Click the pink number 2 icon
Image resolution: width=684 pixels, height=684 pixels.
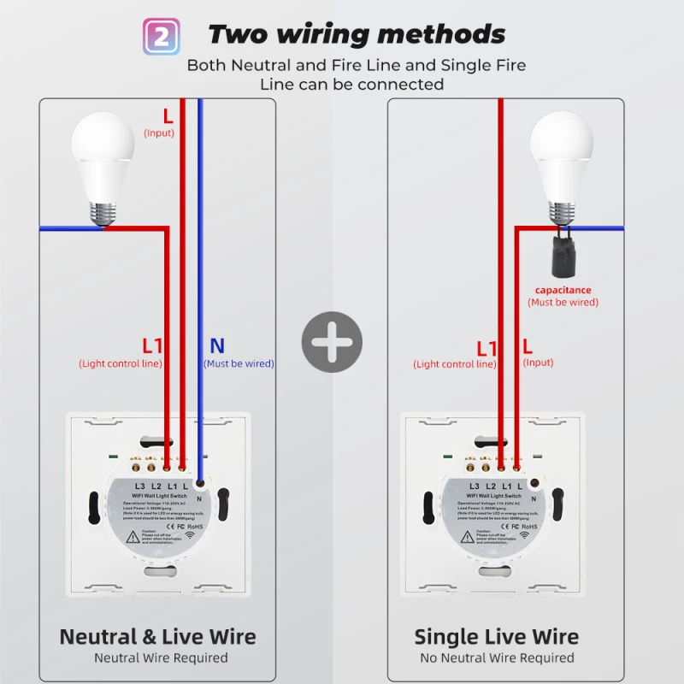click(159, 35)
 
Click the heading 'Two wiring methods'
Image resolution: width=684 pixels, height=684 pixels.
click(356, 34)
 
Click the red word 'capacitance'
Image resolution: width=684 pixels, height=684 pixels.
click(563, 290)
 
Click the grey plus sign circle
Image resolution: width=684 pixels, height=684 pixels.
click(332, 342)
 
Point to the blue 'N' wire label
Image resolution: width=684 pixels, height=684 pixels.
click(217, 345)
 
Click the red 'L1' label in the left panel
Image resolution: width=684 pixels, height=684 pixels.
click(152, 345)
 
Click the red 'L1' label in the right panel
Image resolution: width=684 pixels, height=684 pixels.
click(486, 348)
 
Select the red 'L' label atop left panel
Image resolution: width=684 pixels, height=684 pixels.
click(168, 115)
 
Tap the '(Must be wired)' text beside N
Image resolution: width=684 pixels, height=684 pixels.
click(239, 363)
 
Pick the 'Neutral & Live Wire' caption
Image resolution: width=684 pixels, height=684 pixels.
click(157, 637)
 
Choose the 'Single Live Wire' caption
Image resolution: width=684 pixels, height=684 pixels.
click(496, 637)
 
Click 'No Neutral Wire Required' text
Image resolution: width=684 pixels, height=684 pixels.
click(497, 657)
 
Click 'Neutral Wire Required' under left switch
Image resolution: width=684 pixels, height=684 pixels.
click(161, 657)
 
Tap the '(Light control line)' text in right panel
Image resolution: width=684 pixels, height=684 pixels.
click(454, 364)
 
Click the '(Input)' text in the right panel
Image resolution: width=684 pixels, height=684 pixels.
click(538, 363)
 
